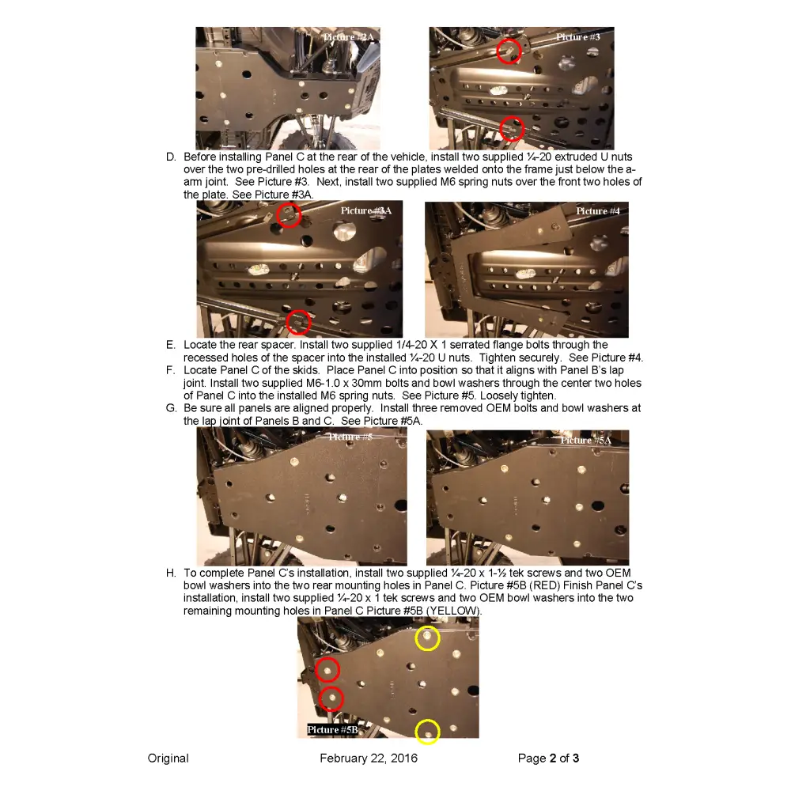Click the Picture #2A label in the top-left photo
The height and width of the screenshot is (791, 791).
(348, 37)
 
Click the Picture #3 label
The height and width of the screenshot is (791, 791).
(577, 37)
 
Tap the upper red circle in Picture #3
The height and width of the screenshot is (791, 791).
(509, 51)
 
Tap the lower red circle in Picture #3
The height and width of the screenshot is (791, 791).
(513, 127)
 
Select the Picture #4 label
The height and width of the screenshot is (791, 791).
(598, 211)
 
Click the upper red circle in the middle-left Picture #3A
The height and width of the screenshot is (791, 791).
(290, 214)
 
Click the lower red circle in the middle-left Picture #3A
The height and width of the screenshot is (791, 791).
(298, 322)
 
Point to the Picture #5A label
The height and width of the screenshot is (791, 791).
(586, 440)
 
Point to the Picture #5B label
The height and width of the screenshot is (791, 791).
(332, 729)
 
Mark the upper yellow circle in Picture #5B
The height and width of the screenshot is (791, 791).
(427, 638)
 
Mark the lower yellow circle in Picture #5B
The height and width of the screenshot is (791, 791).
(427, 732)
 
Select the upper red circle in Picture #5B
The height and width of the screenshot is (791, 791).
(327, 670)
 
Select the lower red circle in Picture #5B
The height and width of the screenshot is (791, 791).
(331, 698)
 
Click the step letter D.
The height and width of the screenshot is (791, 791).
(171, 157)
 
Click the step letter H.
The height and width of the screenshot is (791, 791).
(171, 573)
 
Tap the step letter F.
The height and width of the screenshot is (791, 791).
(171, 370)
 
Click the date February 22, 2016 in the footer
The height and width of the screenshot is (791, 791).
(369, 759)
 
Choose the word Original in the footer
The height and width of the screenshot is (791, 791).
(168, 759)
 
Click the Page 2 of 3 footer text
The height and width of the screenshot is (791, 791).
(548, 759)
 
